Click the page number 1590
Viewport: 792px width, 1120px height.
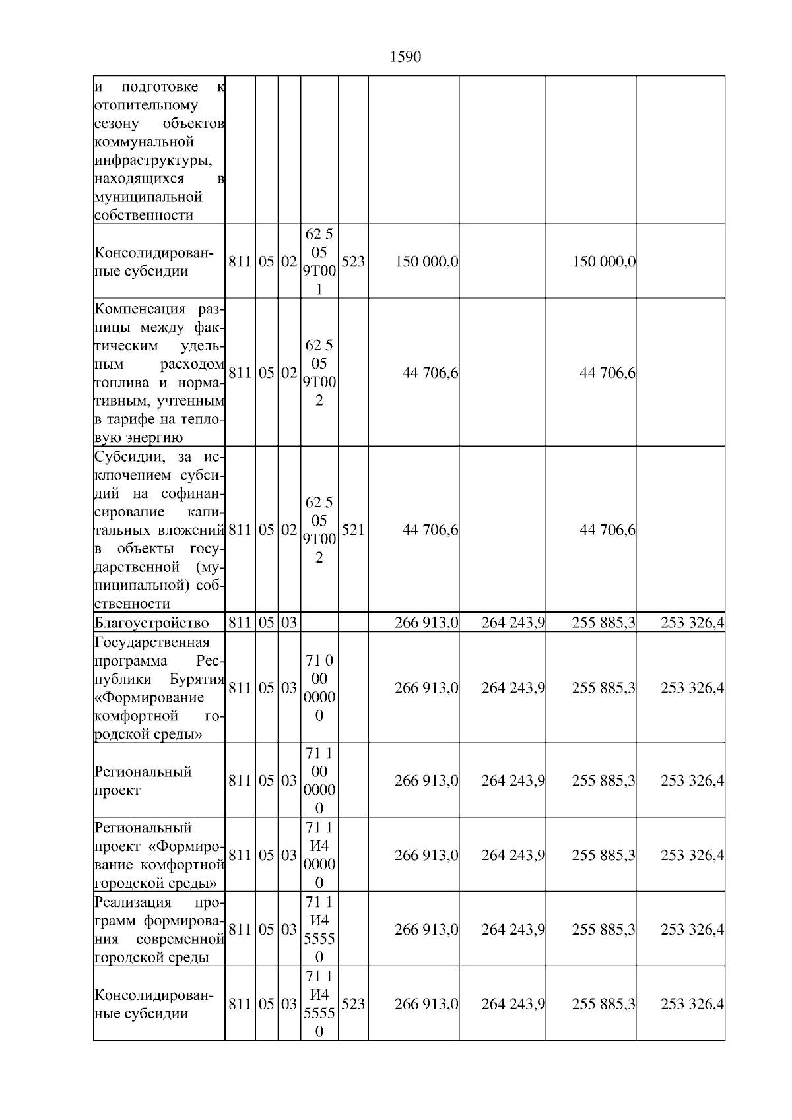point(405,57)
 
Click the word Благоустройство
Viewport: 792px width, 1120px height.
point(152,623)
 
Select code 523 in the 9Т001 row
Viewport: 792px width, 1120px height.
point(353,262)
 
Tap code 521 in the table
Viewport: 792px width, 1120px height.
point(353,530)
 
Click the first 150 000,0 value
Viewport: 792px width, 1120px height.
point(426,262)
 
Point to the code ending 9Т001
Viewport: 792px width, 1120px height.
point(319,262)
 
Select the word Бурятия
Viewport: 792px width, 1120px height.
point(197,679)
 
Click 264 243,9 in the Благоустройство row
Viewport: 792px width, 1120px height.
point(513,623)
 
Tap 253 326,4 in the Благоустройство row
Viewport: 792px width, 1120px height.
point(692,623)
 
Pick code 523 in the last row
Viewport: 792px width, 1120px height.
point(353,1004)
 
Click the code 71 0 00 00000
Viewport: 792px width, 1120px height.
point(319,688)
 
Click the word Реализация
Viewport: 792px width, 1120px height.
point(133,902)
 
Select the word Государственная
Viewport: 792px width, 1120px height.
point(152,642)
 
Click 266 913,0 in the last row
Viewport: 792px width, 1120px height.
point(426,1004)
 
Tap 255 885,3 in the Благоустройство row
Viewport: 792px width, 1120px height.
point(603,623)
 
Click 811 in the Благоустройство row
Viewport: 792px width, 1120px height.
point(240,623)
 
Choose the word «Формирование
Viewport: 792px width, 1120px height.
point(149,698)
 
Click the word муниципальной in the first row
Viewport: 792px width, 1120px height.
point(148,197)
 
